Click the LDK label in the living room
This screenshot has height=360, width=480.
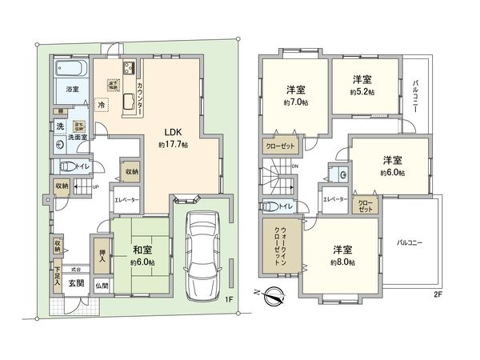(x=172, y=133)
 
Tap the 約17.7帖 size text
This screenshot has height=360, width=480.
(x=172, y=146)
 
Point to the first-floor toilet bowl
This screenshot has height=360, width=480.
(x=71, y=166)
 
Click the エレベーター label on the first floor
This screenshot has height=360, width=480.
(x=126, y=201)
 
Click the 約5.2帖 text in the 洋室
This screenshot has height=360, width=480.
(x=364, y=92)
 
